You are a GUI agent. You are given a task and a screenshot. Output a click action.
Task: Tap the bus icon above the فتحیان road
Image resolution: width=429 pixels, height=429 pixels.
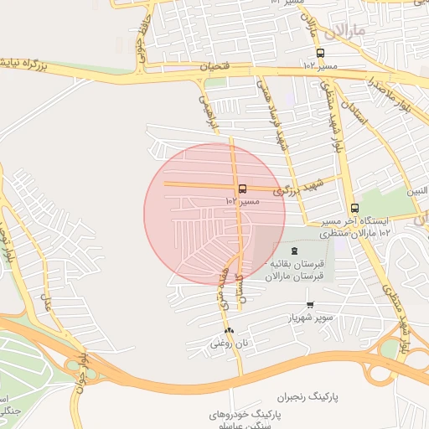point(319,53)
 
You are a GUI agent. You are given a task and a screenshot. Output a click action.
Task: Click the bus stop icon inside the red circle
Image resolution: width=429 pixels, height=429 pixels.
point(242,189)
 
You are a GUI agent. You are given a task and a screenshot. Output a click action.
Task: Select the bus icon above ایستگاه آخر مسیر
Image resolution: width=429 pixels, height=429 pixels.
point(354,208)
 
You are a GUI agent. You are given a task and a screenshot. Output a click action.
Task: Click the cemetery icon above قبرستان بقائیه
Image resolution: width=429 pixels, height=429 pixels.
point(293,251)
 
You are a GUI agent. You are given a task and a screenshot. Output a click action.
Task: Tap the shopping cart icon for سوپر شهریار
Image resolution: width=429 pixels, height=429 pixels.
point(310,305)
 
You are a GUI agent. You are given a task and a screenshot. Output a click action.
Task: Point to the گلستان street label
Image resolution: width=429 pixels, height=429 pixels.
point(240,287)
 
